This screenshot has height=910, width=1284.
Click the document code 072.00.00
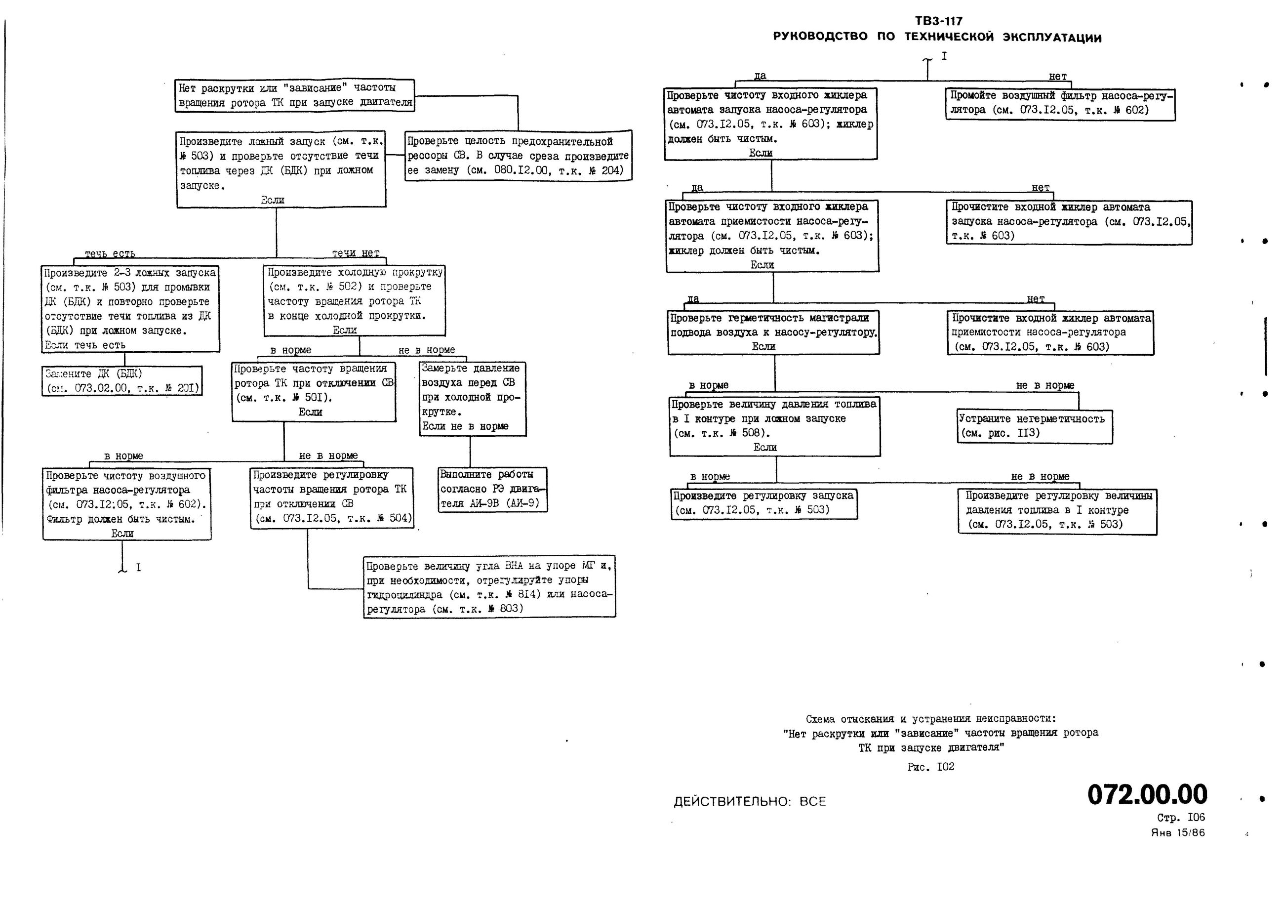(x=1147, y=794)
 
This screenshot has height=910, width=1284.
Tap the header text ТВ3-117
(x=938, y=21)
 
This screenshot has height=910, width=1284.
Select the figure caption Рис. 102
(x=930, y=767)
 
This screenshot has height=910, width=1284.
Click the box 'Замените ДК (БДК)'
(x=121, y=381)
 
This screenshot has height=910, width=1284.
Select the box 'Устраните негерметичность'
(x=1034, y=426)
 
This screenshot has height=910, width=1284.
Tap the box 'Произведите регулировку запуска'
(x=763, y=503)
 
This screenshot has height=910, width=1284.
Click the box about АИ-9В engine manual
(x=492, y=489)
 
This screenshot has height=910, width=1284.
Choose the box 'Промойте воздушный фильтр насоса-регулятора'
(x=1060, y=104)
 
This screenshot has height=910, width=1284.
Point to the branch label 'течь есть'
(x=110, y=254)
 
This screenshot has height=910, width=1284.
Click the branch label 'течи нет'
(x=356, y=253)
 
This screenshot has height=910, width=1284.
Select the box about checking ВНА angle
(x=489, y=587)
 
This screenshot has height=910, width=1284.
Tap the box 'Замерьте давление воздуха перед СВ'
(x=472, y=398)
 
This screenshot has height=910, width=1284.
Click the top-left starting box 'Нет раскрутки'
(x=295, y=95)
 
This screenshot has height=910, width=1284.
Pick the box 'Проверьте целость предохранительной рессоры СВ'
(x=518, y=156)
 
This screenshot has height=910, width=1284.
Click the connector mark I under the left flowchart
(x=138, y=568)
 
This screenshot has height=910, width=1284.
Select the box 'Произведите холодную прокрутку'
(x=355, y=300)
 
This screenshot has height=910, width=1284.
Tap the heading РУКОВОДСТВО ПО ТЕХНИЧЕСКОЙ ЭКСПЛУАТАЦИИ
(x=937, y=38)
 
